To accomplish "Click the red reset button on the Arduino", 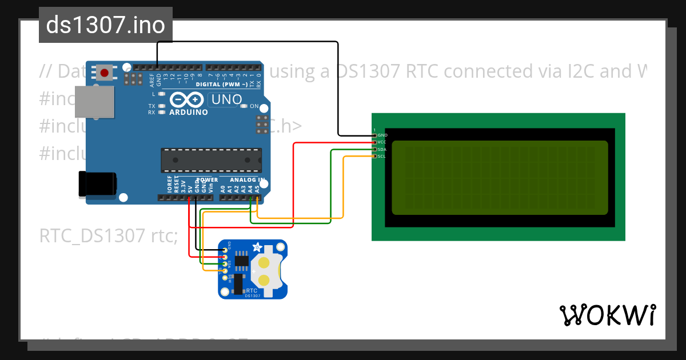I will click(105, 73).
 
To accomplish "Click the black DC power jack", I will click(97, 184).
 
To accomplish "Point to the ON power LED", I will click(245, 106).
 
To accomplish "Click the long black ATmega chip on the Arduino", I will click(212, 160).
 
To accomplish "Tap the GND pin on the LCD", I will click(375, 135).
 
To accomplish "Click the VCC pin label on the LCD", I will click(382, 142).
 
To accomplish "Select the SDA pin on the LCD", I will click(375, 149).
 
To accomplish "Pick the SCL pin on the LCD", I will click(375, 156).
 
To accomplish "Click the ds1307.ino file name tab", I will click(106, 25).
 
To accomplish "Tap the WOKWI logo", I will click(607, 315).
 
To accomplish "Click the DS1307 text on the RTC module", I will click(253, 295).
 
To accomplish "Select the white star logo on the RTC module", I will click(257, 248).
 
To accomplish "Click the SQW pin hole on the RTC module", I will click(224, 278).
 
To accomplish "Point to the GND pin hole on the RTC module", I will click(224, 250).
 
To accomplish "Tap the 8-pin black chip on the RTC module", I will click(241, 260).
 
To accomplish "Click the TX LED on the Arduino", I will click(162, 106).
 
